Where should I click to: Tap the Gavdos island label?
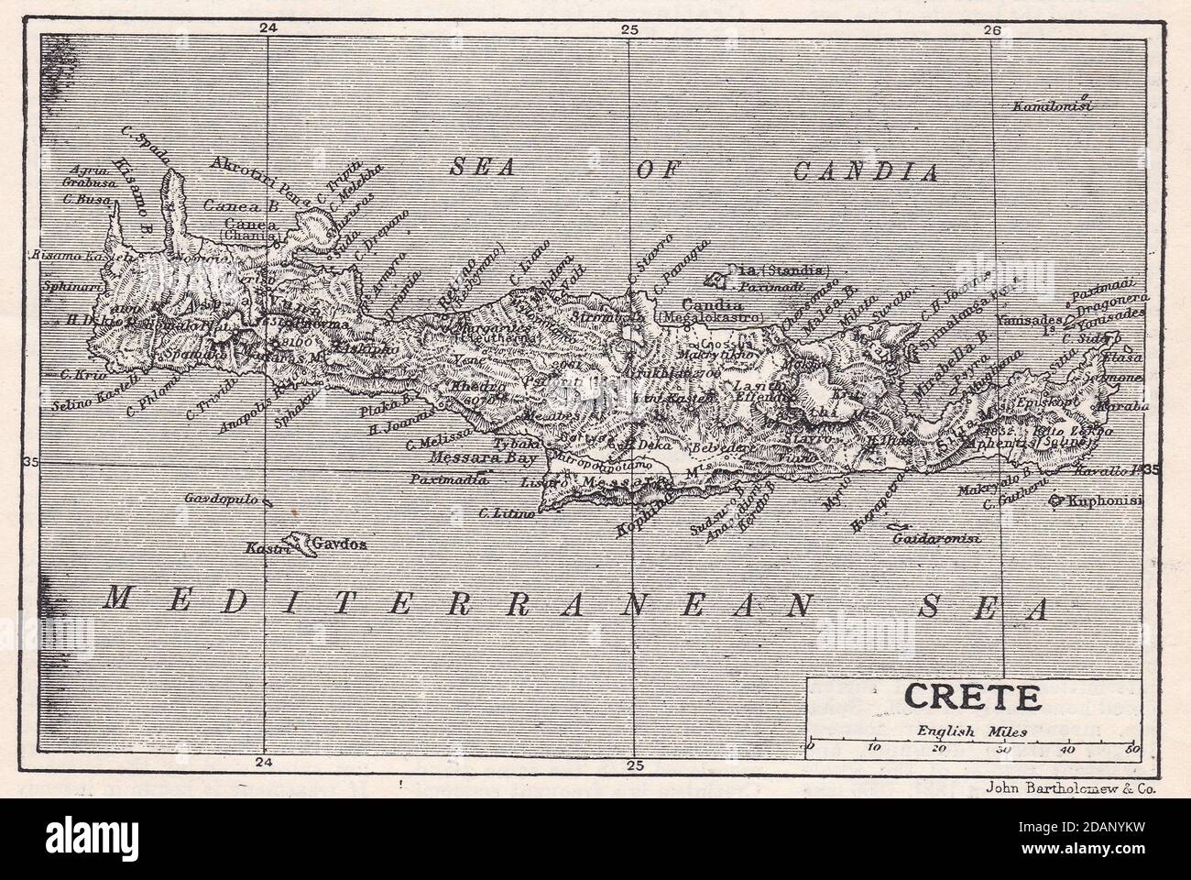[340, 544]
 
